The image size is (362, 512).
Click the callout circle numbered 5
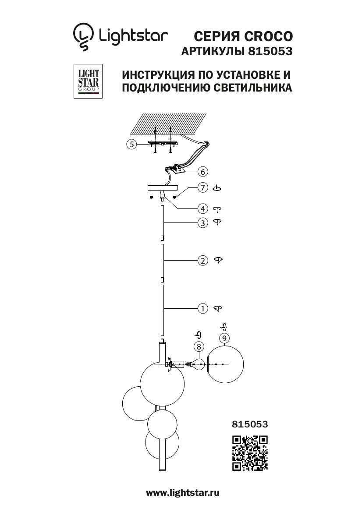point(131,144)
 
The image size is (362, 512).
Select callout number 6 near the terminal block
point(202,171)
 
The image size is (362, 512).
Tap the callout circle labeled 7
point(202,188)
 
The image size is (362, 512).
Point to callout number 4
point(202,208)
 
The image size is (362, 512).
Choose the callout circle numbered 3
point(202,223)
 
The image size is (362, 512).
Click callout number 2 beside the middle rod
point(202,261)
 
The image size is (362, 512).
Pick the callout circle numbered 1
point(202,308)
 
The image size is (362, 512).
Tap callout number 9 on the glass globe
point(224,338)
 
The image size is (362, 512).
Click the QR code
point(250,453)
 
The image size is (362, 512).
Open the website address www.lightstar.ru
point(182,493)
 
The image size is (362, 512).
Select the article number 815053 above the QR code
point(249,424)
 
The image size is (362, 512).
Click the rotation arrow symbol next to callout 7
point(216,188)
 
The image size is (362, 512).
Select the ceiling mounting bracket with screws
point(163,144)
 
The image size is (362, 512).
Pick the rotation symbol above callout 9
point(224,327)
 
